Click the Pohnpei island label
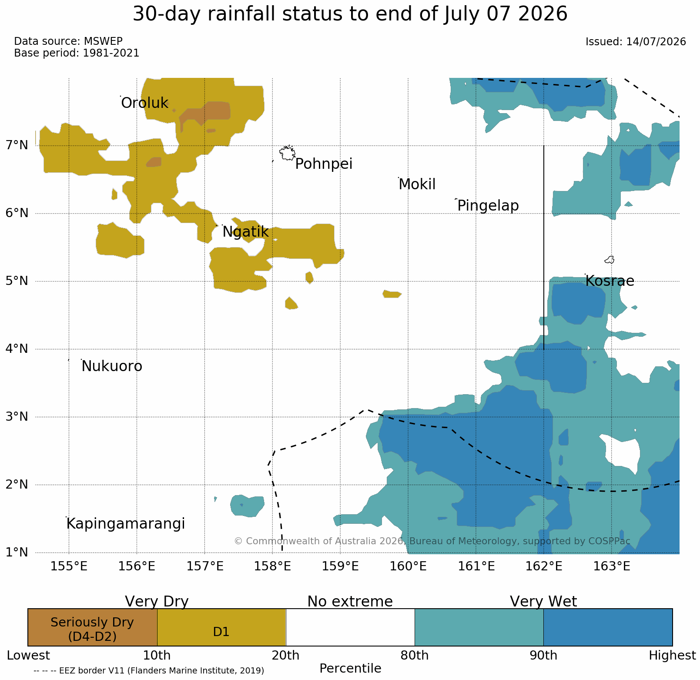(324, 164)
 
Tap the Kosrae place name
(610, 281)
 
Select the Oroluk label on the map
(144, 104)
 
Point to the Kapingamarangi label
(126, 524)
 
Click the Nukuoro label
(112, 366)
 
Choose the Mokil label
(417, 184)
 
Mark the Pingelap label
(488, 206)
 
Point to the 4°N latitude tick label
(17, 348)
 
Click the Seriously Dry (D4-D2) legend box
(92, 627)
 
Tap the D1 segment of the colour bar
(221, 627)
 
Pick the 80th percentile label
(414, 656)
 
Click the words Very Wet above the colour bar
(543, 601)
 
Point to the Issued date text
(636, 42)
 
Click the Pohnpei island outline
(287, 153)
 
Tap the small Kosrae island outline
(610, 260)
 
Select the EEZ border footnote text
(149, 670)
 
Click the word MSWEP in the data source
(103, 41)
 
